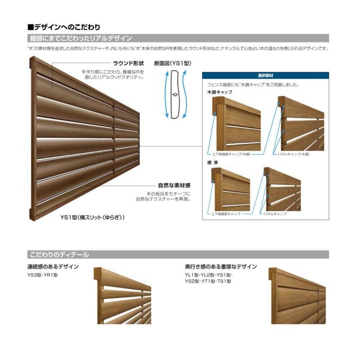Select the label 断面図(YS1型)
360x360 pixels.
173,63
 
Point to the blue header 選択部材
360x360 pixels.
265,76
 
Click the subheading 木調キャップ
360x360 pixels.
220,92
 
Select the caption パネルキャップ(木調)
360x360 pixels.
294,154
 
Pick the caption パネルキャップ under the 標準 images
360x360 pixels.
275,214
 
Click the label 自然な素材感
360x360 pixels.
173,185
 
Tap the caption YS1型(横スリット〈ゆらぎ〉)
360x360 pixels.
93,217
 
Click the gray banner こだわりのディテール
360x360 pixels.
58,255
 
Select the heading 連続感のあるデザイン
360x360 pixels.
53,267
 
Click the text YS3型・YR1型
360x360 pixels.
42,275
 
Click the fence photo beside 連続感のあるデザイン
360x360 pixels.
122,296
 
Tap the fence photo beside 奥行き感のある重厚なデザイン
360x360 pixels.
297,296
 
